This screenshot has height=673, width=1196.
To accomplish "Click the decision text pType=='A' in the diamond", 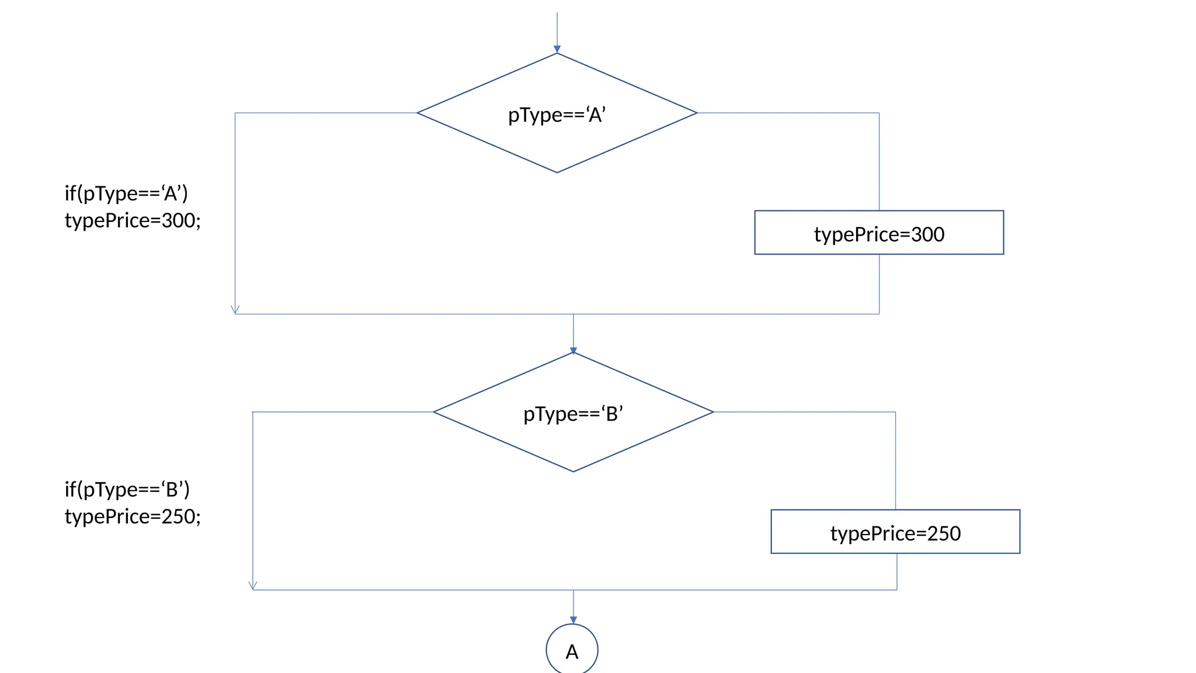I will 557,115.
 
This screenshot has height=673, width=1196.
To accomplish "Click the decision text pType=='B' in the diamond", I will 573,414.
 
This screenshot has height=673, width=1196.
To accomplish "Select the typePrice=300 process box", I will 878,233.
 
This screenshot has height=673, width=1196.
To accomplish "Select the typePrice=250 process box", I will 895,532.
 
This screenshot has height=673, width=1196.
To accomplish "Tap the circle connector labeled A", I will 572,650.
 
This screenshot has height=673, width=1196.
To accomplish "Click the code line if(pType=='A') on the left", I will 126,193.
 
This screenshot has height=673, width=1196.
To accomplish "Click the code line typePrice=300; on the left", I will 133,221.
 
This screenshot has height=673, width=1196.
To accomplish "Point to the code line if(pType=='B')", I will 127,489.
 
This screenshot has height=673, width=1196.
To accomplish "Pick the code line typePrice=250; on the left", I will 133,516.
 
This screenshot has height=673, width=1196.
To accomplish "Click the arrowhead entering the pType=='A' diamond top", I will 557,50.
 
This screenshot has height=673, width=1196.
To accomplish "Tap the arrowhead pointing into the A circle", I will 573,620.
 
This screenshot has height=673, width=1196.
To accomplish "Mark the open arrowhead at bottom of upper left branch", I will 235,310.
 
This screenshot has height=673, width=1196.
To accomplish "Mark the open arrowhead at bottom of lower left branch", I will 253,585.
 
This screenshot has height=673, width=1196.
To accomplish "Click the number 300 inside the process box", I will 927,234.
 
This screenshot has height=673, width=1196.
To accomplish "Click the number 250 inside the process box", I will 944,533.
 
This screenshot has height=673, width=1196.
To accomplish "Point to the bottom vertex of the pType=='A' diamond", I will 557,172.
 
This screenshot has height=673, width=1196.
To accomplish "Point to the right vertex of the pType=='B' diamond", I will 712,412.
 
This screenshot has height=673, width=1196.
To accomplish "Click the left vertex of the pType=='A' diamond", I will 418,113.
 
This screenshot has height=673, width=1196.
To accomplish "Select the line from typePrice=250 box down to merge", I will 896,571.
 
